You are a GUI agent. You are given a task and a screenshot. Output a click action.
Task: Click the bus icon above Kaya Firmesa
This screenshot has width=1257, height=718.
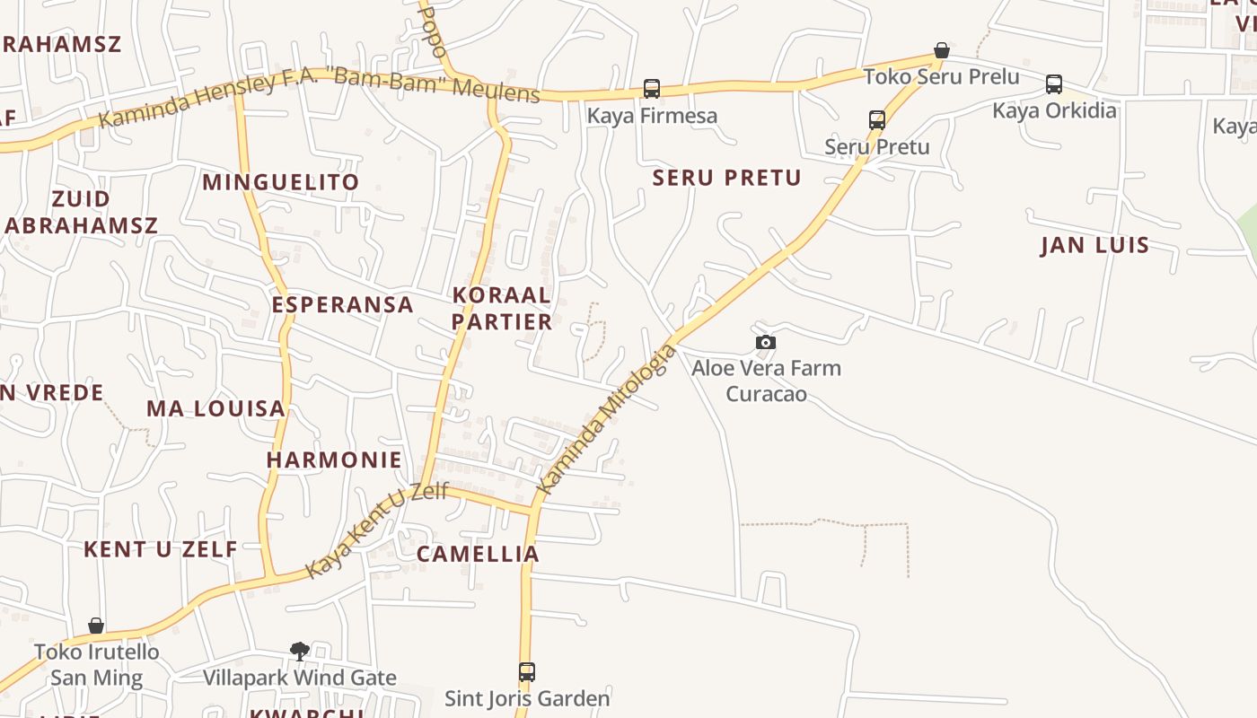(652, 89)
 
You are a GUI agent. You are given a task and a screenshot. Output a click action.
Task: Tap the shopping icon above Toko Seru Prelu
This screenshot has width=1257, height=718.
(942, 50)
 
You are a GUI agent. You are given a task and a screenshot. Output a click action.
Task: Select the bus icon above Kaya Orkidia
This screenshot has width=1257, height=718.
(1054, 84)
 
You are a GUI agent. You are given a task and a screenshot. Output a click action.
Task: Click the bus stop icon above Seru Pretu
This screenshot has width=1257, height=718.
(877, 119)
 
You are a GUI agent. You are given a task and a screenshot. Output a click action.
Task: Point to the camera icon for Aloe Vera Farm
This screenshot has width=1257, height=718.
(766, 342)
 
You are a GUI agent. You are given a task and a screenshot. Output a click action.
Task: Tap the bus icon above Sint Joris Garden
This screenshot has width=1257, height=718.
(527, 671)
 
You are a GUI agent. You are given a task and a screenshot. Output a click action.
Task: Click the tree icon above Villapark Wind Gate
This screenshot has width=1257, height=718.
(300, 651)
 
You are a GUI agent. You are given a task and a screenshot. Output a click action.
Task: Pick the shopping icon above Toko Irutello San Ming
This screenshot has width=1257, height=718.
(96, 626)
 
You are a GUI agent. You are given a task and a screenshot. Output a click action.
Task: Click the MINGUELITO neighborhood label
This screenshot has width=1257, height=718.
(280, 182)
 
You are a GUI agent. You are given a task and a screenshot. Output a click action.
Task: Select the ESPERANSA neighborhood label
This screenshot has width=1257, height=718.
(343, 304)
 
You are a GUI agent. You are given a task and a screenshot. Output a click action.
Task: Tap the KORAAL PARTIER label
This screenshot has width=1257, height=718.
(501, 308)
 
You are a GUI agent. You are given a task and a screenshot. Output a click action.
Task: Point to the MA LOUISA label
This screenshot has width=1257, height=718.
(215, 408)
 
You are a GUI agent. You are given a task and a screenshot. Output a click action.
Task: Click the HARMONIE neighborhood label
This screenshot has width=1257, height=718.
(334, 460)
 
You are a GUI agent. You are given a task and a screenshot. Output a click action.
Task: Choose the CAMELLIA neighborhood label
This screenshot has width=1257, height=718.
(478, 554)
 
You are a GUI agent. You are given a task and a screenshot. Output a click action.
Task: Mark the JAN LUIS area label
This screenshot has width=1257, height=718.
(1094, 245)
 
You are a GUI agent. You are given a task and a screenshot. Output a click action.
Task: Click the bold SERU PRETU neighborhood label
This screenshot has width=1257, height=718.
(726, 178)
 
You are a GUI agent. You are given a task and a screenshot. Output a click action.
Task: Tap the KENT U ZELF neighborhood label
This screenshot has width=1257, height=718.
(161, 549)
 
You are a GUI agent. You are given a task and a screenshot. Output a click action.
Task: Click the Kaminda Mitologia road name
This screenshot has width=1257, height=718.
(605, 418)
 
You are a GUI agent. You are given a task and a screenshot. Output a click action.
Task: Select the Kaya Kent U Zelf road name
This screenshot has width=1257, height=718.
(377, 530)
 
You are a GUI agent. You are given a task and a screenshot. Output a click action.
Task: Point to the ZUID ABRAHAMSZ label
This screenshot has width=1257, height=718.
(81, 212)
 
